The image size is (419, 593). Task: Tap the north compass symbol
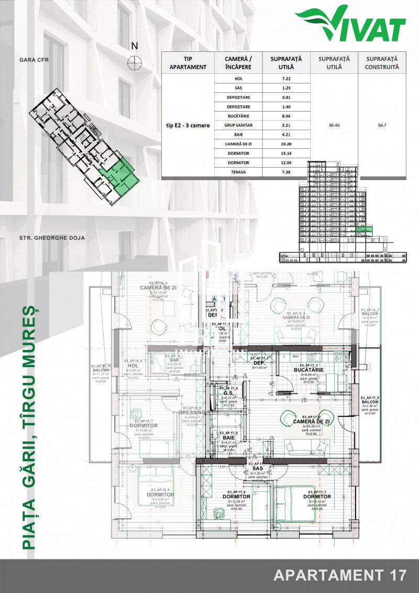point(135,62)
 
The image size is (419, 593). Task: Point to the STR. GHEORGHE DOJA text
point(52,238)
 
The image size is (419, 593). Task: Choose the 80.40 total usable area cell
point(334,125)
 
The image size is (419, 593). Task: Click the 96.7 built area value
point(381,125)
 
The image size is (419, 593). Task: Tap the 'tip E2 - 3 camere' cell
point(187,125)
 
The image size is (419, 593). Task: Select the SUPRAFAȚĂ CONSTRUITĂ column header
point(382,63)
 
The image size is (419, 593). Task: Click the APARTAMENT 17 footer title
point(340,575)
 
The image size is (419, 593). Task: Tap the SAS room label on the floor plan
point(257,468)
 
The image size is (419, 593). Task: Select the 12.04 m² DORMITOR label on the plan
point(236,497)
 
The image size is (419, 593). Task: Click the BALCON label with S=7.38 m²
point(369,402)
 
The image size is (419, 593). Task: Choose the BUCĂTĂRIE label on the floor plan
point(309,370)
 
